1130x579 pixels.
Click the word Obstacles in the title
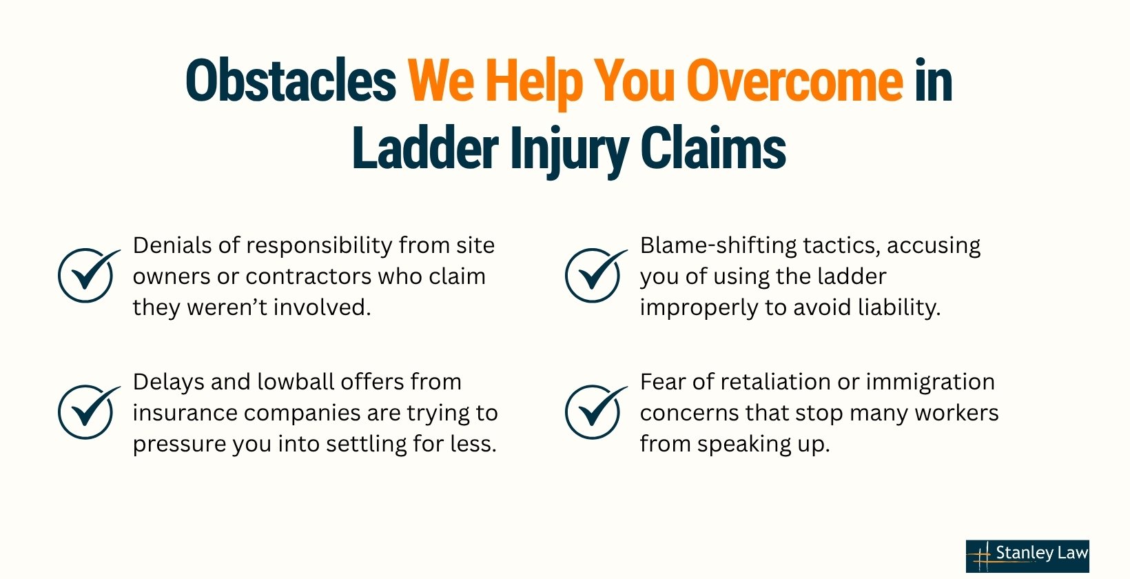coord(291,81)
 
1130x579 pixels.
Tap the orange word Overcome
coord(794,81)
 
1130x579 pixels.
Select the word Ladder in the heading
coord(425,148)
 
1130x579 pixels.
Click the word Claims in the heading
coord(713,148)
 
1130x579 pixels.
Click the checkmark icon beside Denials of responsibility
coord(89,274)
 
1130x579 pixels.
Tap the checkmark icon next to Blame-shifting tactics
coord(596,274)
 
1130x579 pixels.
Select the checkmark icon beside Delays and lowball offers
coord(89,412)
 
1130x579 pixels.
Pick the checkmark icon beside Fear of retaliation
coord(596,412)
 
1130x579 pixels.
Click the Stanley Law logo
coord(1027,556)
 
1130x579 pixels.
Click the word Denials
coord(172,245)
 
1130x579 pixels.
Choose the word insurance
coord(185,414)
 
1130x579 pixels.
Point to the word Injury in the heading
coord(569,152)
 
